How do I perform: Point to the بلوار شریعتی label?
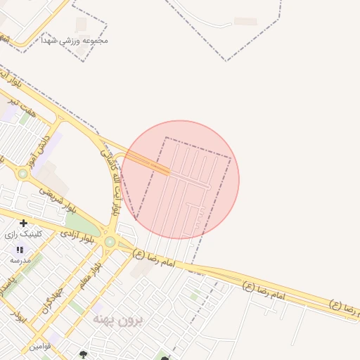57,200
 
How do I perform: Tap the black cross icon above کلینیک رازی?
23,223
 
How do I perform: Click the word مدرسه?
20,260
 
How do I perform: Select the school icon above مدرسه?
20,250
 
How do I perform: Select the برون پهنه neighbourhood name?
118,320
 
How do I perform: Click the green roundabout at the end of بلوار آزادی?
110,242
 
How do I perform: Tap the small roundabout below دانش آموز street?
23,173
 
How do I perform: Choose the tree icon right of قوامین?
84,355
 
